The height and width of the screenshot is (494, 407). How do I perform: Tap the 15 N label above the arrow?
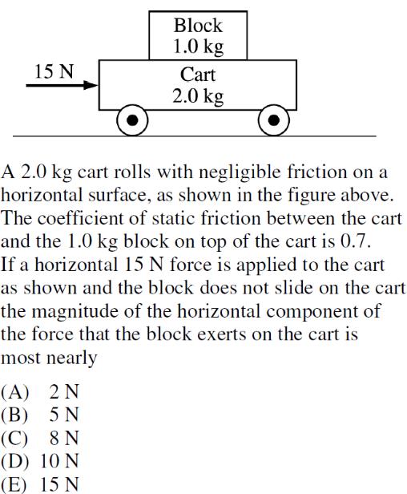[54, 71]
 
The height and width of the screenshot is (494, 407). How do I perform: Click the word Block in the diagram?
[198, 26]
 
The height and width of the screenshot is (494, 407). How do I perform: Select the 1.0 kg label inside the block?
[199, 47]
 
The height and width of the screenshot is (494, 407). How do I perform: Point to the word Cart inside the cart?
[198, 75]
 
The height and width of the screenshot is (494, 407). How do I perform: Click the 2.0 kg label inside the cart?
[198, 96]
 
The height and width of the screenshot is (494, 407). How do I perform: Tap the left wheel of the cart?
[132, 120]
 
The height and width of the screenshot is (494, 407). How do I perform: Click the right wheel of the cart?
[273, 120]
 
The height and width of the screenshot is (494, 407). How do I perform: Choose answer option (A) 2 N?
[40, 392]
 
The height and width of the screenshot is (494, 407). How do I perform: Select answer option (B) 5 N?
[40, 415]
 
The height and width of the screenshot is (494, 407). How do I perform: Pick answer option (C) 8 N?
[40, 438]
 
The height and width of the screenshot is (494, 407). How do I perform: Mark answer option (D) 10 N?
[40, 461]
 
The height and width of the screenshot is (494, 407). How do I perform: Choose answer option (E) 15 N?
[40, 484]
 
